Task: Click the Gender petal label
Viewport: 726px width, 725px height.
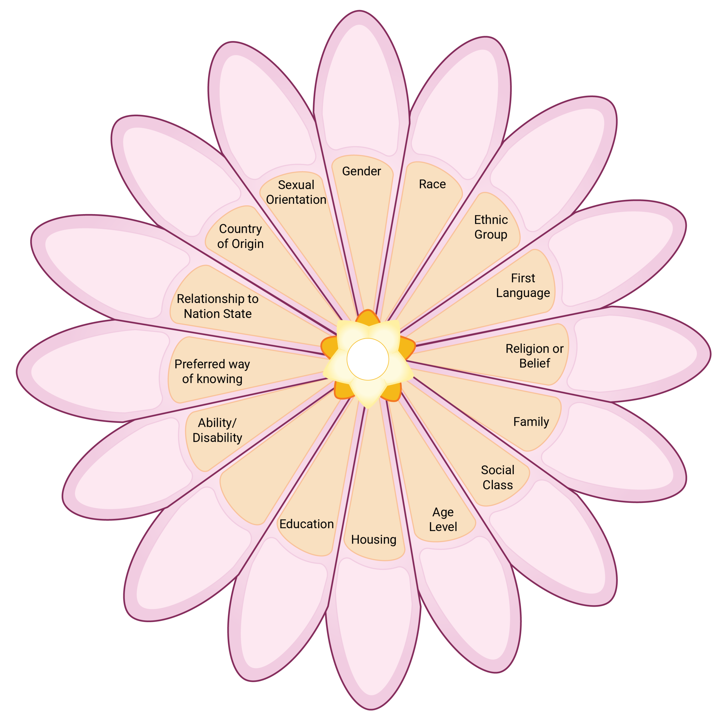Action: (361, 171)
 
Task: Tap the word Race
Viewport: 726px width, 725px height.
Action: (432, 184)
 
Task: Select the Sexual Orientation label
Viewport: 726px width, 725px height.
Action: (296, 192)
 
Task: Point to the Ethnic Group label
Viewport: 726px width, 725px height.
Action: (491, 227)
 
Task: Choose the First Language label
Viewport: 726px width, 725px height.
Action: (523, 285)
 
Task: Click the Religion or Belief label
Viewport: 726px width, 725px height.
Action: (534, 356)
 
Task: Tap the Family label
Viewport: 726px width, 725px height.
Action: (531, 421)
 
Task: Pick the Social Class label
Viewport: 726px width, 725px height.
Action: (497, 477)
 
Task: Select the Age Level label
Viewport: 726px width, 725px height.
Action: (443, 519)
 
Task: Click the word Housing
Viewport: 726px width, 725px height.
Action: (373, 539)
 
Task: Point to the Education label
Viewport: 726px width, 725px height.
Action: (306, 524)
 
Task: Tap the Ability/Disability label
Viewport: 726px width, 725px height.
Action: (217, 430)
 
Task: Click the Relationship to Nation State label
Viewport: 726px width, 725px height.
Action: (218, 306)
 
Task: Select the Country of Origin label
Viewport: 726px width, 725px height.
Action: (240, 236)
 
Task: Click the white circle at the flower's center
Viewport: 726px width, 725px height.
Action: (368, 359)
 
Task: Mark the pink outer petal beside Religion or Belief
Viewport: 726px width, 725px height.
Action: (635, 354)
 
